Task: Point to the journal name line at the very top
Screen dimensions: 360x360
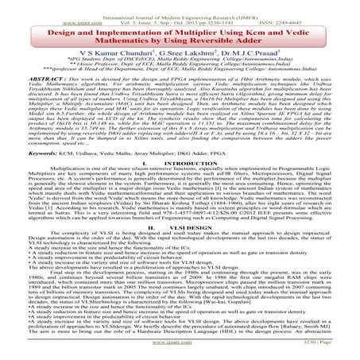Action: point(179,6)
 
